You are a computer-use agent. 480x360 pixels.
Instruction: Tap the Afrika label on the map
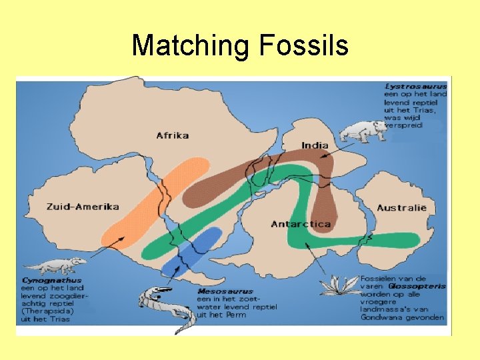pos(172,135)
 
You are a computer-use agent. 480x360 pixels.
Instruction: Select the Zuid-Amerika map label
pos(83,207)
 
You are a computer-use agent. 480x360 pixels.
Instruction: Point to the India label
pos(315,145)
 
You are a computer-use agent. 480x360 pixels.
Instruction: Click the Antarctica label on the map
pos(301,224)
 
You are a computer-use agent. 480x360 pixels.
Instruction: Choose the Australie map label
pos(401,208)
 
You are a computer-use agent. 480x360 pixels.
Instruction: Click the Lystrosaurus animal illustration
pos(362,131)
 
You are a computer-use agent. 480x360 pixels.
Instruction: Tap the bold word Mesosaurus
pos(226,291)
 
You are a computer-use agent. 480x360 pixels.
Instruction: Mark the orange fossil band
pos(153,200)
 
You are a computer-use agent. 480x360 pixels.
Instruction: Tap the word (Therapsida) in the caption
pos(47,311)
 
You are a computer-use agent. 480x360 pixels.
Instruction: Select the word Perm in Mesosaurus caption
pos(236,315)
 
